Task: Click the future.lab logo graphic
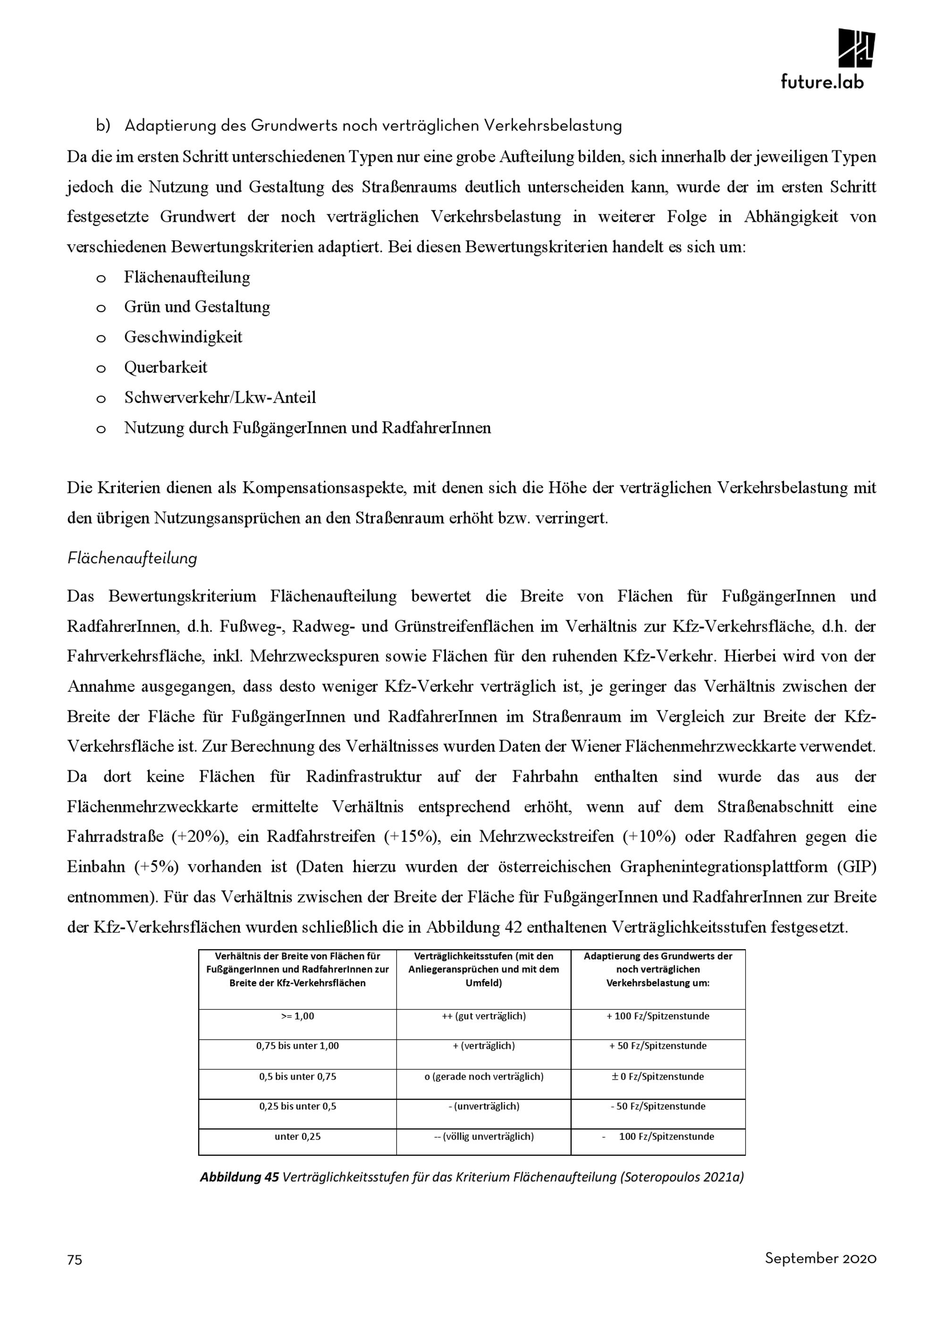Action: pos(856,48)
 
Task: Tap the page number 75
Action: pos(75,1260)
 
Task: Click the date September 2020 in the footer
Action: pos(820,1258)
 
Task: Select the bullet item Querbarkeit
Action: pos(166,367)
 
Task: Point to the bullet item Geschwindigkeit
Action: pos(183,337)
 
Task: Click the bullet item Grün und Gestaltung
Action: pos(197,307)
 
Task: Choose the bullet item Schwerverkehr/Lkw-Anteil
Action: pos(220,398)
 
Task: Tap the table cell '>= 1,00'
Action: pos(297,1016)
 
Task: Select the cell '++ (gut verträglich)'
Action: pos(483,1016)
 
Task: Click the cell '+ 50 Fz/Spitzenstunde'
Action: pos(658,1045)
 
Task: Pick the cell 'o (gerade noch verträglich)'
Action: pos(483,1076)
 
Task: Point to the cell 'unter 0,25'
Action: pos(297,1136)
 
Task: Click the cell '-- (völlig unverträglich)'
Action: pos(483,1136)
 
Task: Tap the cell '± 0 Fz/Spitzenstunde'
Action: pos(658,1076)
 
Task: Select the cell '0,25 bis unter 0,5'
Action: pos(297,1106)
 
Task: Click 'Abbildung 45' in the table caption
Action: pos(239,1177)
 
